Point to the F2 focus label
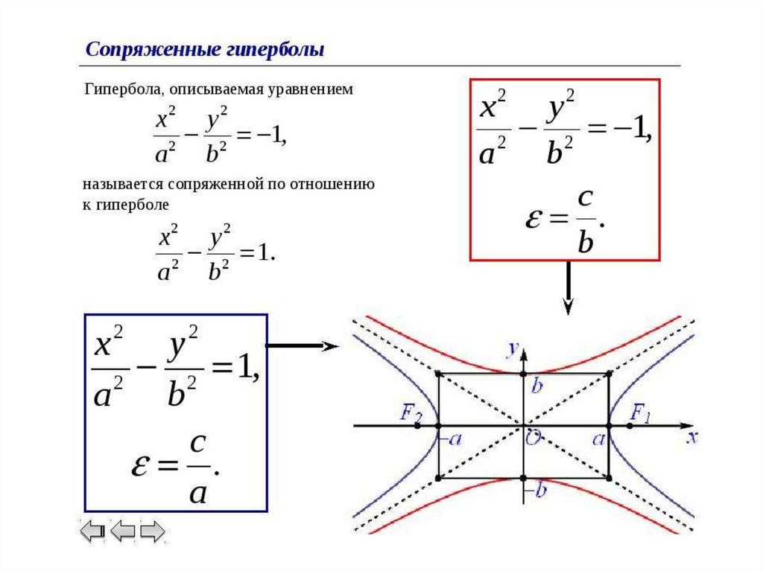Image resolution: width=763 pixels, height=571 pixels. tap(411, 413)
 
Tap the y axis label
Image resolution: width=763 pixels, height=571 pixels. tap(513, 348)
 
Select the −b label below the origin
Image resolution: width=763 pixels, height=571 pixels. tap(535, 490)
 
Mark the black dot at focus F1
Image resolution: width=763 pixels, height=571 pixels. tap(630, 426)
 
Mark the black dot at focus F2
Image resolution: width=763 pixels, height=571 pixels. tap(417, 426)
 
